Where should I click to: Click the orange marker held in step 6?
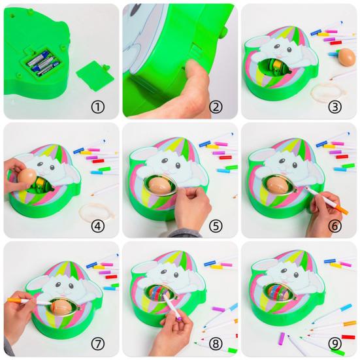[x=333, y=202]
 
